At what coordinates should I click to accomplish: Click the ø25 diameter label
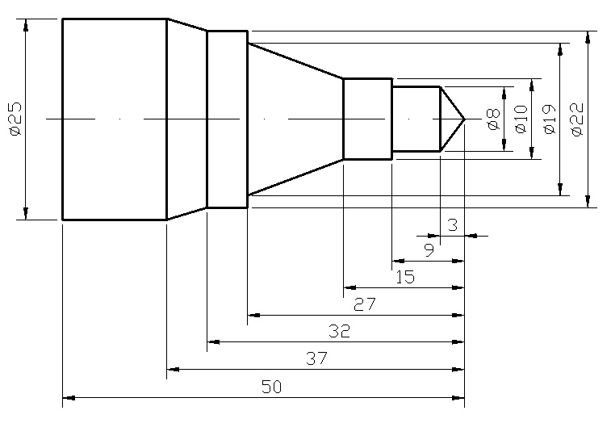[x=14, y=118]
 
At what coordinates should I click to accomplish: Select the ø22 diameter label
[x=576, y=119]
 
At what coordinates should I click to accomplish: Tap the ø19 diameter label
[x=549, y=119]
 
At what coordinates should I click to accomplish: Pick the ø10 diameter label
[x=520, y=119]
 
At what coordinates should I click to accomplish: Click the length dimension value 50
[x=271, y=387]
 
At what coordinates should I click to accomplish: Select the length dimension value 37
[x=316, y=358]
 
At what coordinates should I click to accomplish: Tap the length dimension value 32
[x=338, y=331]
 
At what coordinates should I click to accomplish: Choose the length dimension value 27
[x=364, y=304]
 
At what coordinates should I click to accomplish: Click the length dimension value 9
[x=429, y=249]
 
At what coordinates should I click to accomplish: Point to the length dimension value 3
[x=452, y=225]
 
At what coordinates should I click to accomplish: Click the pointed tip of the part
[x=465, y=119]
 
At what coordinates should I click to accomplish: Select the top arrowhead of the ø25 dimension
[x=27, y=23]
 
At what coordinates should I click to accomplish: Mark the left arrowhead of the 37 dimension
[x=171, y=370]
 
